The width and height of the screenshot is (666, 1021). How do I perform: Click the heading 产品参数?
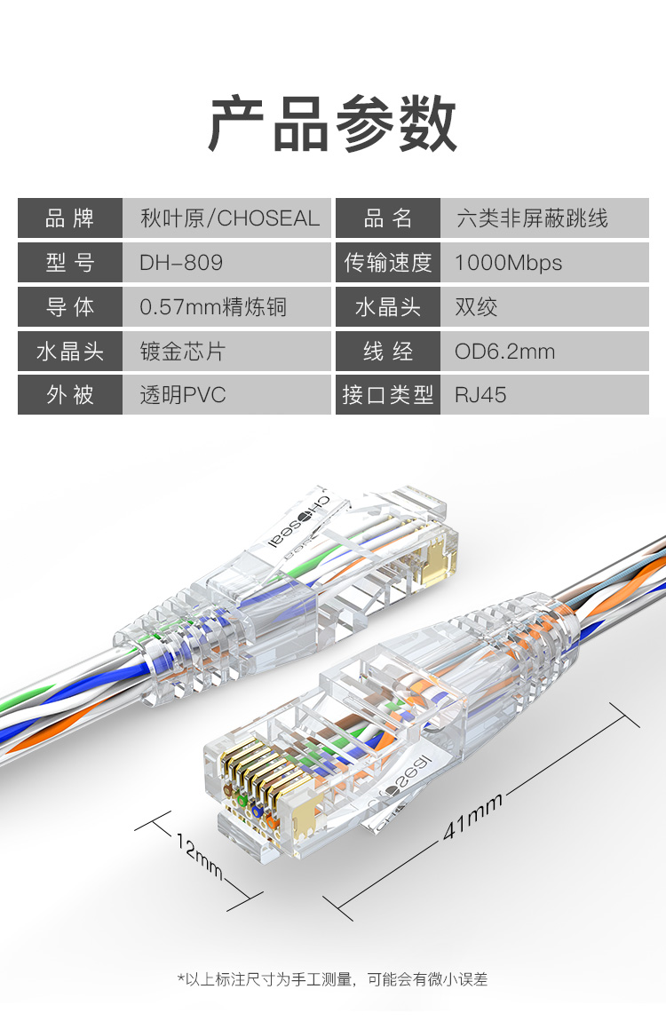(333, 123)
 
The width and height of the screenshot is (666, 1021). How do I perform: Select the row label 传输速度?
(388, 263)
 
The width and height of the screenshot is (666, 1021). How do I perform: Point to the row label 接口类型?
(388, 394)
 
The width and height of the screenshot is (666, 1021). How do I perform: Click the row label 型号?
(69, 263)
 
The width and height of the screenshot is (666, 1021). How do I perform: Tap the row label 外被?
(69, 394)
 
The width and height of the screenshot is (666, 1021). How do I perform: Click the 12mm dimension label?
(200, 856)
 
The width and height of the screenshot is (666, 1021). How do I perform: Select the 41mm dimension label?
(473, 815)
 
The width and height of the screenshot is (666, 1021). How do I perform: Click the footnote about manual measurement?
(333, 978)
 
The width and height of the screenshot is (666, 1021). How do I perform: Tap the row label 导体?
(69, 306)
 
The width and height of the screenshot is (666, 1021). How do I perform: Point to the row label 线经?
(388, 351)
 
